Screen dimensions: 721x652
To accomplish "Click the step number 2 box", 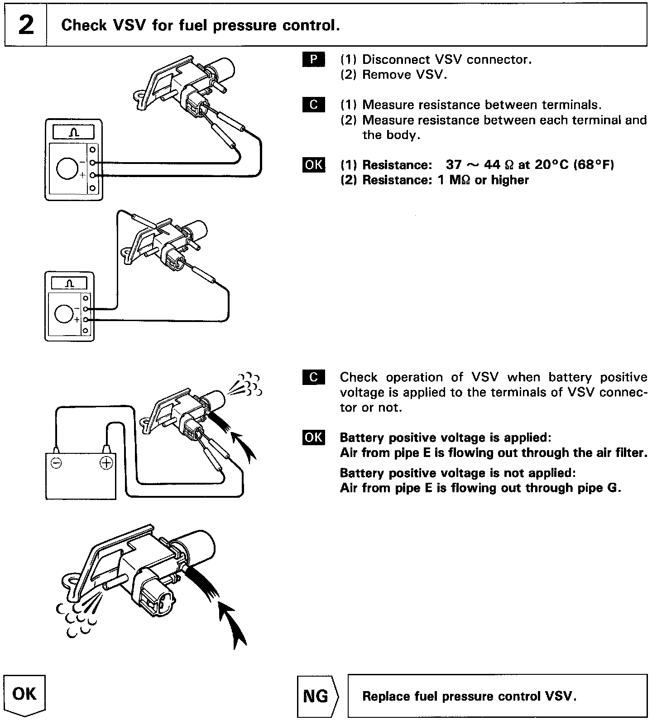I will pos(26,25).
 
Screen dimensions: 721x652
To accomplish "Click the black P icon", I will pos(313,59).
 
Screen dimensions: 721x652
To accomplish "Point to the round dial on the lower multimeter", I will pos(63,313).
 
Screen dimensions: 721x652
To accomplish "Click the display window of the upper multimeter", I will pos(74,133).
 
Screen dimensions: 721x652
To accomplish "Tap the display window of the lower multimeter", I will pos(69,284).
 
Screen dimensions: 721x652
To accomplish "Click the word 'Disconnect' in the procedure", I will pos(393,59).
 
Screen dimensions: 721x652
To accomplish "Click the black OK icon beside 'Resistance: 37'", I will pos(313,164).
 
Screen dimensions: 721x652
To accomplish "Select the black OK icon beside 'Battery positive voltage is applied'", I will pos(313,437).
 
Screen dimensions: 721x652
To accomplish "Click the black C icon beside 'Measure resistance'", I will pos(313,105).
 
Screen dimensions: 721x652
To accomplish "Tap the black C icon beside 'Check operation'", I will pos(313,377).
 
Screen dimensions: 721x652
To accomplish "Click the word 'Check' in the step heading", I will pos(82,25).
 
